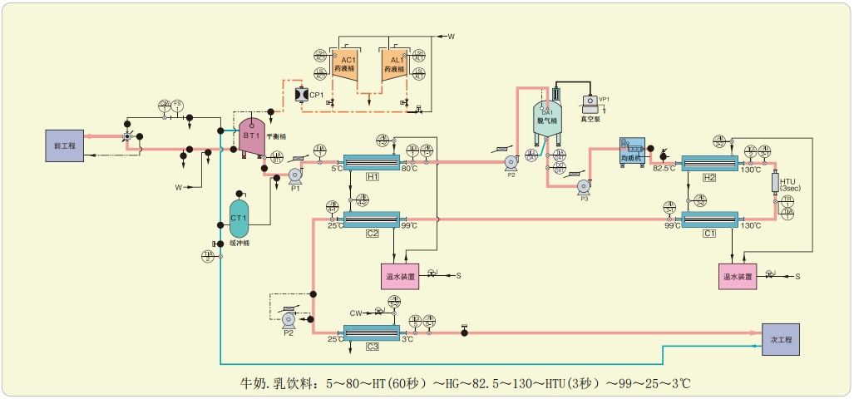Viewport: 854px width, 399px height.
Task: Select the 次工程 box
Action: click(x=782, y=340)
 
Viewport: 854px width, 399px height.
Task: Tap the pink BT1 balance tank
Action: click(x=252, y=135)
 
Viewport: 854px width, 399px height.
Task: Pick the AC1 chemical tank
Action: click(x=348, y=65)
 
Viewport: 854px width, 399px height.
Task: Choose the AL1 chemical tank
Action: click(x=397, y=65)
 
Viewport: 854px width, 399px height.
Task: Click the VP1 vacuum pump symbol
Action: click(x=593, y=102)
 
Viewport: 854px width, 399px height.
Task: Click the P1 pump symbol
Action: click(x=294, y=175)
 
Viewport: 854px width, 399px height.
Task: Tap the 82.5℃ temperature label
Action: click(x=664, y=169)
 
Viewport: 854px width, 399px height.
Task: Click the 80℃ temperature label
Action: click(x=409, y=169)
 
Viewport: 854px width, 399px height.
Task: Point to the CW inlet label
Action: click(x=355, y=313)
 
